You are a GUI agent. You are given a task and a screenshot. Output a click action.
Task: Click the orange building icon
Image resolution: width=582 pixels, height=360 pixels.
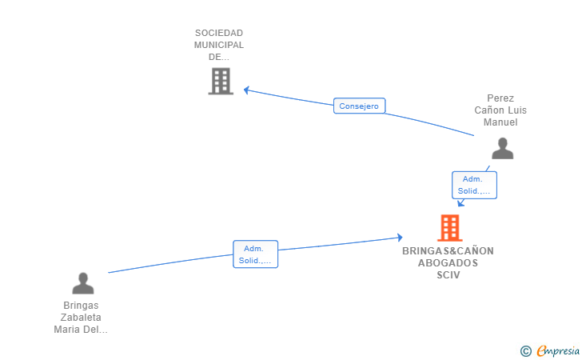point(450,228)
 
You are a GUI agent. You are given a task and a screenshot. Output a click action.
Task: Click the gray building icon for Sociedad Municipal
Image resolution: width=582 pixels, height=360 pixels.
point(221,81)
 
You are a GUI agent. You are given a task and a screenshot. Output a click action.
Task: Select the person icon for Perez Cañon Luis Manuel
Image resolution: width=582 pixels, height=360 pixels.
point(503,148)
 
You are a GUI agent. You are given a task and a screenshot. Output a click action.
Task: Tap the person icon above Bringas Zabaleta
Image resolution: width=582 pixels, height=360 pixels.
point(83,283)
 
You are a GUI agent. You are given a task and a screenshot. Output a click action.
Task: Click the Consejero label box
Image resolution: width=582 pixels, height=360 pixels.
point(359,106)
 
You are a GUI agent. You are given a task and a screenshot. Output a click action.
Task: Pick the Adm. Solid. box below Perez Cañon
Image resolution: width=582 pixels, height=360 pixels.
point(474,185)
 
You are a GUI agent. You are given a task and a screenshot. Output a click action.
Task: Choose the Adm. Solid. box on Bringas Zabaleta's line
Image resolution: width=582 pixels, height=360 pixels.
point(255,254)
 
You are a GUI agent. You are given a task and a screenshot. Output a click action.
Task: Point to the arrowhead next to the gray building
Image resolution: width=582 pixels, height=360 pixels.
point(246,90)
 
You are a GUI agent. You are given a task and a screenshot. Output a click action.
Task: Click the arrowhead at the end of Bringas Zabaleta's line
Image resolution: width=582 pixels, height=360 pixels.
point(400,238)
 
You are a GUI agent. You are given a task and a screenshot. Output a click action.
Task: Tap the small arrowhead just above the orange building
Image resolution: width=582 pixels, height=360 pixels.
point(460,203)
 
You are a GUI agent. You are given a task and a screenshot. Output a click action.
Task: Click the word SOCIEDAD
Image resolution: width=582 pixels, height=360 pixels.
point(219,33)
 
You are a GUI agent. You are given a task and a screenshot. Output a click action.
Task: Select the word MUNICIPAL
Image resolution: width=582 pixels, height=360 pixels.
point(219,45)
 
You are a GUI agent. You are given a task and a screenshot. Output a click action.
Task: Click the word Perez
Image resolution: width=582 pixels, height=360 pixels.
point(500,98)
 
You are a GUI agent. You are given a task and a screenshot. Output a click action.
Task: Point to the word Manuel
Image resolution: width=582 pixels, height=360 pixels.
point(500,122)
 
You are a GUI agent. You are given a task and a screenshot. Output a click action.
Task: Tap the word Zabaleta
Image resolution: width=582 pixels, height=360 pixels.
point(81,318)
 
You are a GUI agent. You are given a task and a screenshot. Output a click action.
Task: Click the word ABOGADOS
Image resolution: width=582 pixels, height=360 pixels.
point(448,263)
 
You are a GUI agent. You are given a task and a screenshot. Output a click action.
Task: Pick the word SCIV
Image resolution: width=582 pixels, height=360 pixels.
point(448,275)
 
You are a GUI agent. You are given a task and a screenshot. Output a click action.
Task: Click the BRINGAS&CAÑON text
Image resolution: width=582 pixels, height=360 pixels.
point(448,250)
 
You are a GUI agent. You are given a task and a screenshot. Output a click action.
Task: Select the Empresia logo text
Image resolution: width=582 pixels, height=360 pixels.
point(558,350)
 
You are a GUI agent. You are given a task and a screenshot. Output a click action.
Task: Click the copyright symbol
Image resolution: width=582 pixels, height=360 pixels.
point(525,351)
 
